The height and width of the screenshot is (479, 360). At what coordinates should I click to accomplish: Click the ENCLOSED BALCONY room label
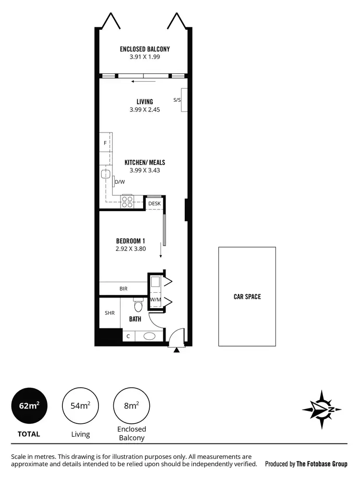click(144, 49)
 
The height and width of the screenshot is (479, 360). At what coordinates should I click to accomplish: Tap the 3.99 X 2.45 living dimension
click(144, 109)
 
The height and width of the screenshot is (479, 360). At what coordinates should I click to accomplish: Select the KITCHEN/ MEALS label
click(144, 163)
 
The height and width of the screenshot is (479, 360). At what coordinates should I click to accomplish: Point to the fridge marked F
click(105, 143)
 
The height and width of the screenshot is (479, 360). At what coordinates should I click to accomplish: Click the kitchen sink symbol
click(106, 174)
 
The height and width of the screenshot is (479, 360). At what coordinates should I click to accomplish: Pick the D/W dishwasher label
click(120, 182)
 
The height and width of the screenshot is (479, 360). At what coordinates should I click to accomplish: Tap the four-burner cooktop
click(127, 202)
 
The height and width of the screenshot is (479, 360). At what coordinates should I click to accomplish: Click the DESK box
click(154, 204)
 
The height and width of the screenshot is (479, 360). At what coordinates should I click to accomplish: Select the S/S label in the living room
click(177, 100)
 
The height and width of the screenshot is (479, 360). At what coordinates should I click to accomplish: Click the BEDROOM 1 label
click(131, 241)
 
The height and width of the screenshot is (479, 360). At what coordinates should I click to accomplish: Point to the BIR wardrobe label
click(123, 288)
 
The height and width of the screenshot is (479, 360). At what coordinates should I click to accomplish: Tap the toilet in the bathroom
click(138, 305)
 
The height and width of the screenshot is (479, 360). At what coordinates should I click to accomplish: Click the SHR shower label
click(109, 312)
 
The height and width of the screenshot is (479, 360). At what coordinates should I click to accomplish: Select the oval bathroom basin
click(150, 336)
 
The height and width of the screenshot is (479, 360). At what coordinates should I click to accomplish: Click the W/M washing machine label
click(155, 300)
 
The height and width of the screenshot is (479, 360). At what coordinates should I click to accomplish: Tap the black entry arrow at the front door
click(177, 350)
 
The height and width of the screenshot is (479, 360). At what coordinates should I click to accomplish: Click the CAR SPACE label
click(247, 297)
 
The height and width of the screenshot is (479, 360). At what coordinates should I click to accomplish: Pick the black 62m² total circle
click(29, 405)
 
